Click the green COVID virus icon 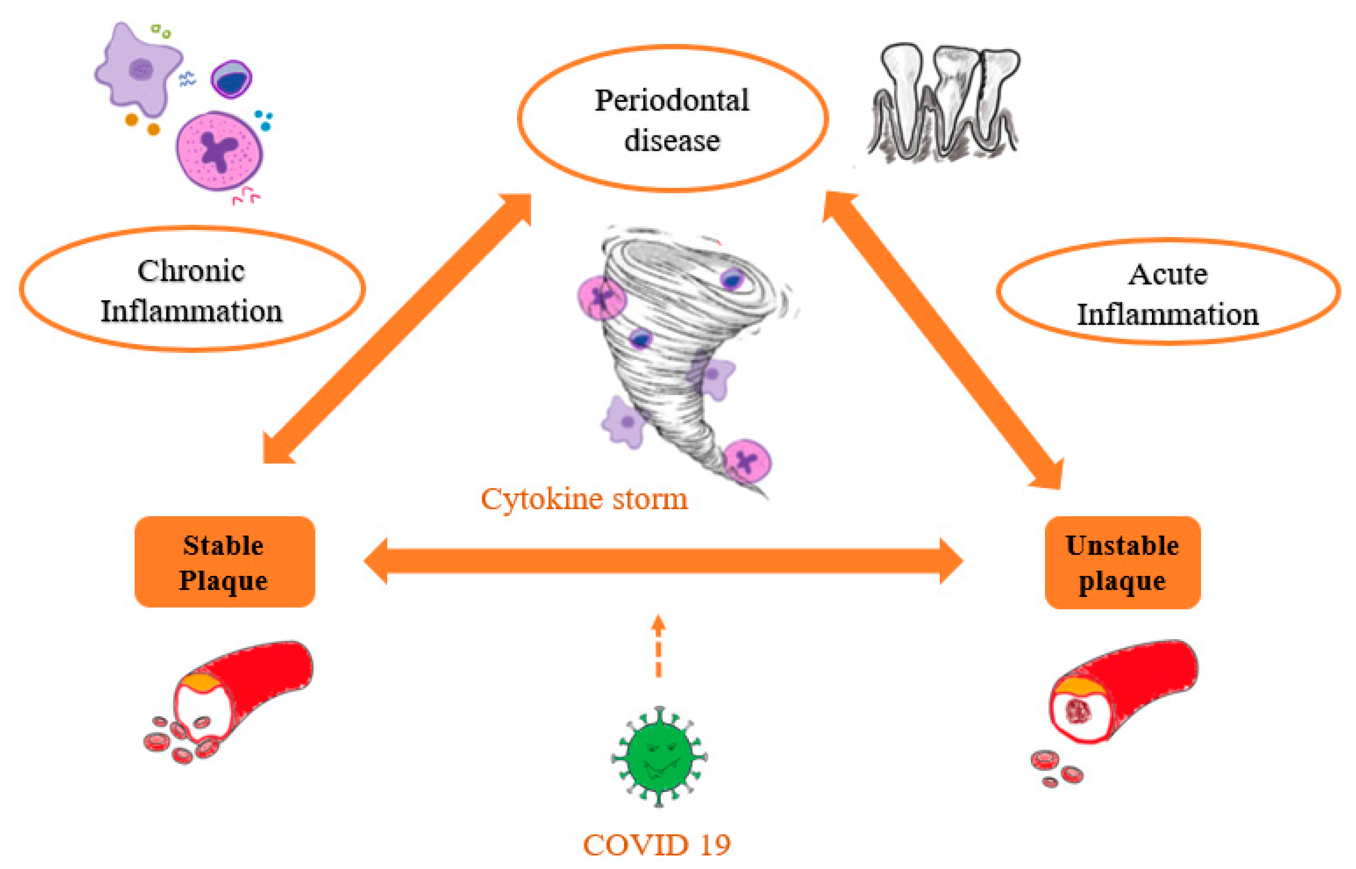coord(659,757)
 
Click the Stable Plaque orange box coord(224,562)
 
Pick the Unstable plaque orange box coord(1122,562)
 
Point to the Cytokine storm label coord(584,499)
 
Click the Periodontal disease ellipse coord(673,119)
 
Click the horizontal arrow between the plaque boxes coord(663,561)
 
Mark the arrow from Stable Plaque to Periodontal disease coord(396,329)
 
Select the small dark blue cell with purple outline coord(232,79)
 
